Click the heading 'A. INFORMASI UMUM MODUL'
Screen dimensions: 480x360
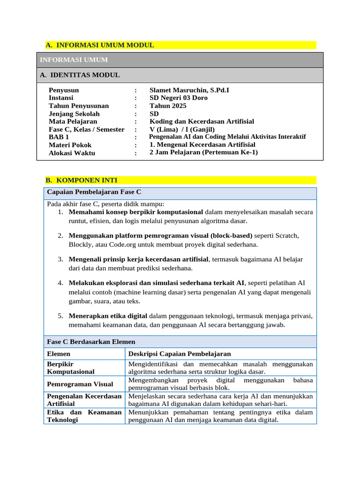pyautogui.click(x=100, y=45)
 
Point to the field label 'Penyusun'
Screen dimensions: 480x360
pyautogui.click(x=64, y=90)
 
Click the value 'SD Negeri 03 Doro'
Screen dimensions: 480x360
pyautogui.click(x=178, y=98)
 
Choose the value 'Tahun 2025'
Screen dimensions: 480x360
pyautogui.click(x=168, y=106)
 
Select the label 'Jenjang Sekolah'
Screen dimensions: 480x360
pyautogui.click(x=74, y=114)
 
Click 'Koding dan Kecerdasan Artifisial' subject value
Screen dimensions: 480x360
pyautogui.click(x=202, y=121)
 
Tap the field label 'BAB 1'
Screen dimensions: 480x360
pyautogui.click(x=59, y=137)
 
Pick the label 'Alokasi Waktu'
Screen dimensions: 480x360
pyautogui.click(x=72, y=153)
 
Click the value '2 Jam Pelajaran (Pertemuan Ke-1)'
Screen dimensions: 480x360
pyautogui.click(x=203, y=152)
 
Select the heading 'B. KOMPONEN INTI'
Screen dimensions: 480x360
pyautogui.click(x=82, y=180)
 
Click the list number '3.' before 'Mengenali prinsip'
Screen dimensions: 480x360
pyautogui.click(x=61, y=259)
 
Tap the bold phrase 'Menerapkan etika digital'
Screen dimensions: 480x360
pyautogui.click(x=108, y=315)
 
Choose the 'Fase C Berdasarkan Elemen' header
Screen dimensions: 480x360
pyautogui.click(x=91, y=342)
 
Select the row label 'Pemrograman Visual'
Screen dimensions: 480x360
pyautogui.click(x=80, y=384)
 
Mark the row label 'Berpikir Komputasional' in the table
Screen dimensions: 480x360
pyautogui.click(x=71, y=367)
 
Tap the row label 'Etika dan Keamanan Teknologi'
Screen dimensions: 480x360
pyautogui.click(x=84, y=416)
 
